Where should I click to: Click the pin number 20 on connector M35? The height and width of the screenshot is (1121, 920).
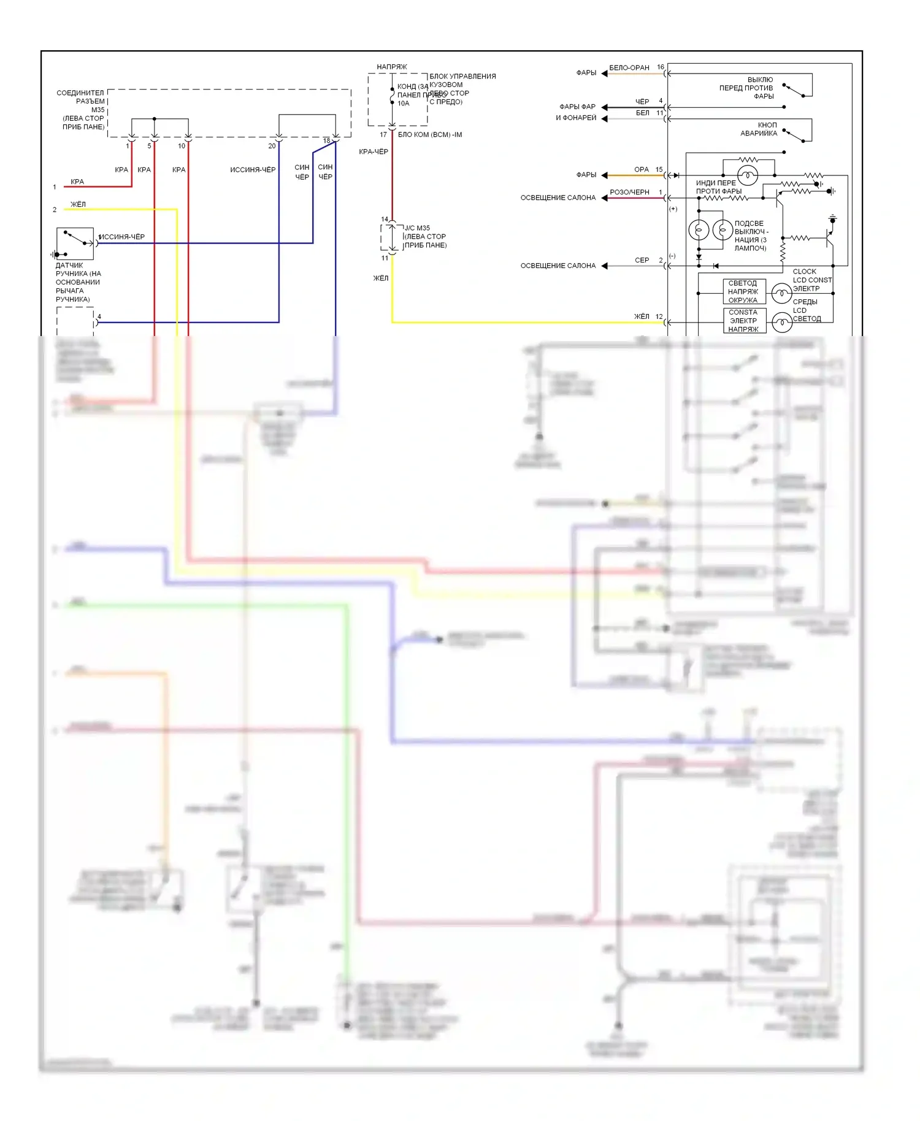[x=272, y=146]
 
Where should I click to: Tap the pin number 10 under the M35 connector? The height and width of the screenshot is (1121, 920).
[x=182, y=146]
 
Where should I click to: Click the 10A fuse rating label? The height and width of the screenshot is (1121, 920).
[x=403, y=104]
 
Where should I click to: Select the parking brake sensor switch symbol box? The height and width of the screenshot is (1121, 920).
[x=75, y=243]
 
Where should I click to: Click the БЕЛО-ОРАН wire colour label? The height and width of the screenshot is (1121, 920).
[x=629, y=68]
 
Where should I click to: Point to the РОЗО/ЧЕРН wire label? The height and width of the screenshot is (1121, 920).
[x=629, y=193]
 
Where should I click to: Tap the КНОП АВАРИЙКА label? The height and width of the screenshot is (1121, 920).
[x=759, y=129]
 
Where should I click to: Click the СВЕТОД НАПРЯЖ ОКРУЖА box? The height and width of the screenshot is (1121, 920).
[x=743, y=292]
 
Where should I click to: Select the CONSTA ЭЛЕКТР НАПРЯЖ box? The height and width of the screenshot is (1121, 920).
[x=743, y=321]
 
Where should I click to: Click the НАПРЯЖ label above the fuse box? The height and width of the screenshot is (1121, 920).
[x=392, y=67]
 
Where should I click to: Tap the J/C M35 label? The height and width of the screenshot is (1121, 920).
[x=417, y=228]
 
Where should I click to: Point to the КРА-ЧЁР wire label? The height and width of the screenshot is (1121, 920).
[x=374, y=151]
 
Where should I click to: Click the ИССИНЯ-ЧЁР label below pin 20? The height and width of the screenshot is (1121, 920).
[x=253, y=170]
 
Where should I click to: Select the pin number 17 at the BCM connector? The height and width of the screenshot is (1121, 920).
[x=383, y=135]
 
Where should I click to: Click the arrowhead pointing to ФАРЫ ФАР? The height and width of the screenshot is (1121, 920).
[x=604, y=107]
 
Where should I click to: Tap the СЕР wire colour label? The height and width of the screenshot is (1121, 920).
[x=642, y=261]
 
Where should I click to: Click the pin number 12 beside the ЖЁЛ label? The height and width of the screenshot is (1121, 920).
[x=659, y=317]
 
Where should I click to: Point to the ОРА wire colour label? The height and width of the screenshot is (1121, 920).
[x=642, y=170]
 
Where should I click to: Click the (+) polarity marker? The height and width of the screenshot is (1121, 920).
[x=673, y=209]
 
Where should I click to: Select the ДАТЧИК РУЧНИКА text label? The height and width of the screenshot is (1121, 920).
[x=78, y=282]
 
